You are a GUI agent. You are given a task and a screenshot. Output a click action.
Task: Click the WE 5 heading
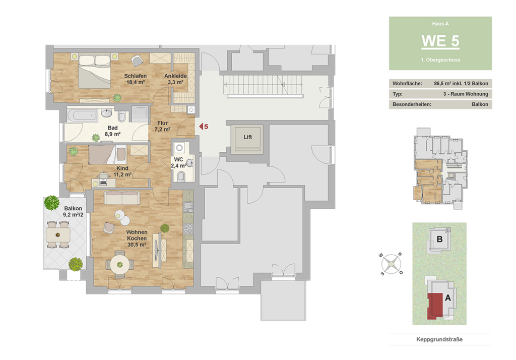[x=440, y=41]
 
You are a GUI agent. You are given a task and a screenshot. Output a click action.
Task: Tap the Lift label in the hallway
[x=247, y=137]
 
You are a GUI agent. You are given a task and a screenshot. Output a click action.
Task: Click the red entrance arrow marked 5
[x=201, y=127]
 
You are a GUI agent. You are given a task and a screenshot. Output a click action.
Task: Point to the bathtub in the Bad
[x=82, y=115]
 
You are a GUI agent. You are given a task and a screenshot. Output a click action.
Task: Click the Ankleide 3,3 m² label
[x=175, y=79]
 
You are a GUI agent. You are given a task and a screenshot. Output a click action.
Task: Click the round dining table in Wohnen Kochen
[x=120, y=265]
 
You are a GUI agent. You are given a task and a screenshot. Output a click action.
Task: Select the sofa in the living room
[x=122, y=198]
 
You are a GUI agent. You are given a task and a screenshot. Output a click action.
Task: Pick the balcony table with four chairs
[x=58, y=234]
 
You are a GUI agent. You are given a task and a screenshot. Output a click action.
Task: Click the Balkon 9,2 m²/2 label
[x=73, y=211]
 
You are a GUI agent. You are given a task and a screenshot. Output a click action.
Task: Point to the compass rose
[x=391, y=264]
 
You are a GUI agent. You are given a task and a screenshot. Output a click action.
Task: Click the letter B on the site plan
[x=439, y=239]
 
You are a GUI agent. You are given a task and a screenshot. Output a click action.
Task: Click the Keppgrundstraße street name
[x=439, y=339]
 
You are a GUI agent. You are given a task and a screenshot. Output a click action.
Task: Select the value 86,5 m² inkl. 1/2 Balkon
[x=461, y=84]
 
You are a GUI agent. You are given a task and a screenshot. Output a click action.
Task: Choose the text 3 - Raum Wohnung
[x=466, y=94]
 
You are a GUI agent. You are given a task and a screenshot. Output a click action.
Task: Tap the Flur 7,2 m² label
[x=162, y=126]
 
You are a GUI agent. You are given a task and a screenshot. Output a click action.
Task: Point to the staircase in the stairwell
[x=263, y=85]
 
